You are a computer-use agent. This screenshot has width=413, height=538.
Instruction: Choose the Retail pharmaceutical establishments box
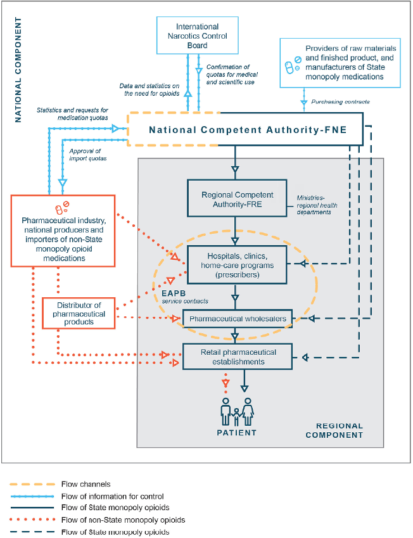point(238,356)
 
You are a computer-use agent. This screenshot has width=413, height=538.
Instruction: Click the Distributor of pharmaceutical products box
point(79,313)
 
